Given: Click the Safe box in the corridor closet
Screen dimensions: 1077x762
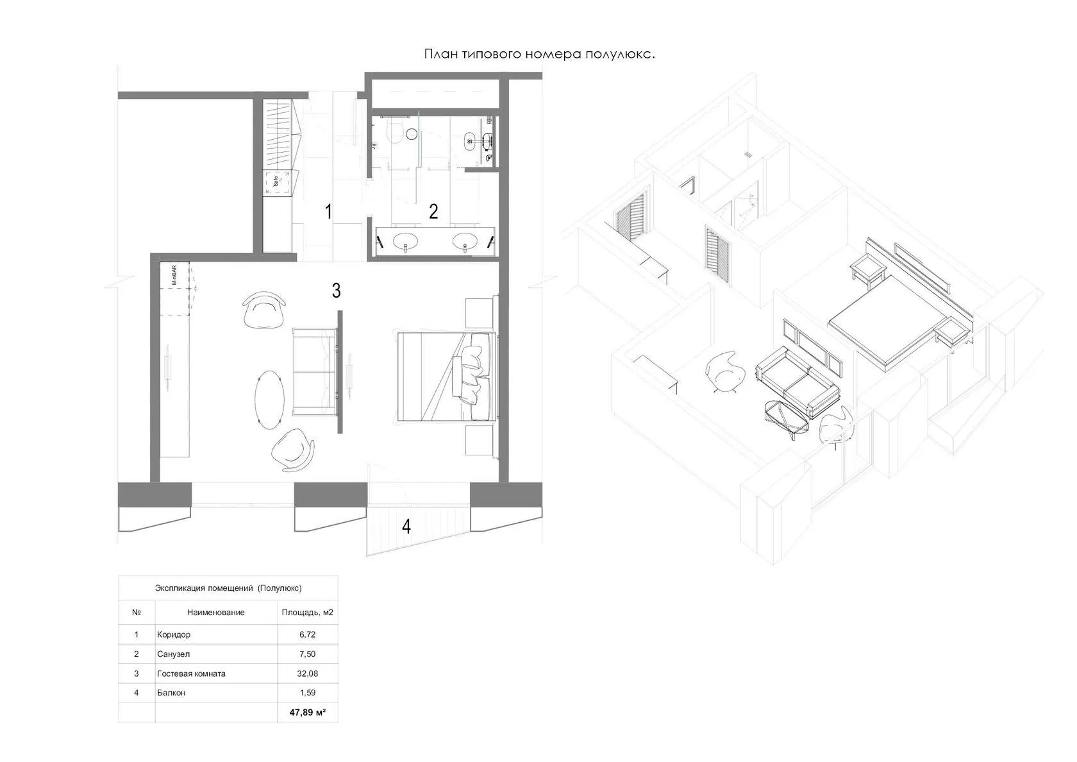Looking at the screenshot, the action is (x=277, y=182).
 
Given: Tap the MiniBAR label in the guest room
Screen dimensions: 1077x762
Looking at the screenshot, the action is (x=174, y=275).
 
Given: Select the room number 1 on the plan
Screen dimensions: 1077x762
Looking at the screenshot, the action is (x=328, y=212).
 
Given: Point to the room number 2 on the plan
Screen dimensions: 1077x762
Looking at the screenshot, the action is (x=433, y=212).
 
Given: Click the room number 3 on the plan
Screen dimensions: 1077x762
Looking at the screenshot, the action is (x=337, y=290).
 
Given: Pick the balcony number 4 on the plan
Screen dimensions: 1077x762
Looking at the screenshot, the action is (x=406, y=526).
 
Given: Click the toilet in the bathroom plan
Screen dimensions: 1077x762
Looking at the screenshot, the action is (x=396, y=131).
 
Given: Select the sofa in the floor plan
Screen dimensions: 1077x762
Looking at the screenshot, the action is (x=315, y=371).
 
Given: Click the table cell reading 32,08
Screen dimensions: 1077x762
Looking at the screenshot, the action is (x=307, y=673).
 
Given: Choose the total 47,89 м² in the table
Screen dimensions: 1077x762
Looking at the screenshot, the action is (x=307, y=713).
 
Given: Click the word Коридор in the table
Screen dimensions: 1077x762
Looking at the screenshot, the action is (x=174, y=634).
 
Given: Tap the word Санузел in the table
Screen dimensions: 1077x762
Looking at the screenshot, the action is (x=173, y=654).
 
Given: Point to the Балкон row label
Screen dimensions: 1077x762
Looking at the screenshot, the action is (x=171, y=693).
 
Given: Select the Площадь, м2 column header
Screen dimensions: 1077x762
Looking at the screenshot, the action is (x=307, y=613).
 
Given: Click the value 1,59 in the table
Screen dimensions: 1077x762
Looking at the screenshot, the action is (x=307, y=693).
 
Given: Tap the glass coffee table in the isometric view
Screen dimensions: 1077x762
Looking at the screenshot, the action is (x=786, y=418).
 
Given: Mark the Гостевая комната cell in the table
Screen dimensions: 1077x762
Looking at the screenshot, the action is (x=191, y=673).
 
